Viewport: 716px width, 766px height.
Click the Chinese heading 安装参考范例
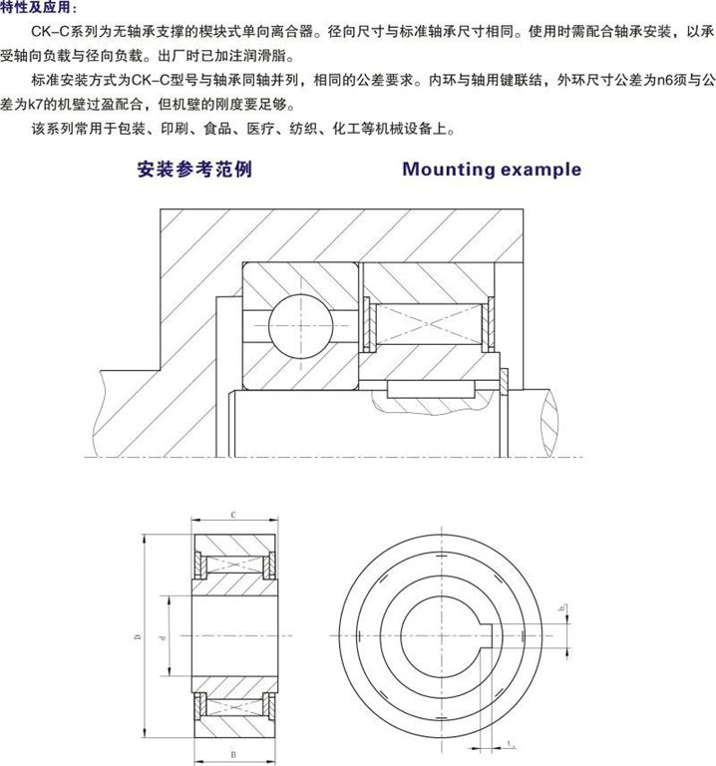194,169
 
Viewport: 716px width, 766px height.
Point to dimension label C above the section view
231,516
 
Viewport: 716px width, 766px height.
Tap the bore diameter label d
162,634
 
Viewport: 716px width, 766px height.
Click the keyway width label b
563,608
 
